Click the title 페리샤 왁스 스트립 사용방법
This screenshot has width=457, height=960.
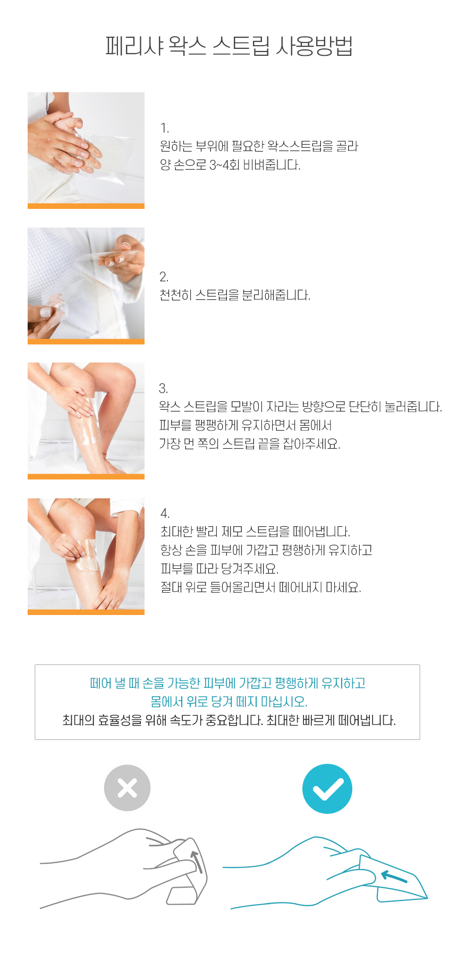click(x=229, y=46)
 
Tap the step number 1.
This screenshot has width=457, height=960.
click(x=165, y=128)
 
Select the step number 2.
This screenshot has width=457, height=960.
click(x=164, y=277)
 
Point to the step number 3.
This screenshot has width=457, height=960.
click(x=164, y=389)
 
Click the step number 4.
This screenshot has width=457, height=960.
click(x=165, y=513)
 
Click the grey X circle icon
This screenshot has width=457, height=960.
click(x=128, y=788)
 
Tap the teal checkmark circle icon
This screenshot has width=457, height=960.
click(x=327, y=789)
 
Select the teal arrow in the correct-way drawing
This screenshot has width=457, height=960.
click(x=394, y=877)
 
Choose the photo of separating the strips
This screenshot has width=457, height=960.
click(x=86, y=283)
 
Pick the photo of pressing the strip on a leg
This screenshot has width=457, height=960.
click(x=86, y=418)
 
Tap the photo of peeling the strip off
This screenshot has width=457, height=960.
click(x=86, y=554)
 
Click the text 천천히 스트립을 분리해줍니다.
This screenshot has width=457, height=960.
click(x=235, y=296)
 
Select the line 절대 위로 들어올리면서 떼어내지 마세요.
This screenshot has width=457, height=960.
click(x=261, y=588)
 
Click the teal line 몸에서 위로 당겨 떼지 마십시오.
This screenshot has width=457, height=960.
click(x=229, y=702)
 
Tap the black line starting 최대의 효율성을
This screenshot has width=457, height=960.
click(x=229, y=721)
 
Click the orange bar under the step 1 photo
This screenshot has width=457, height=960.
click(x=86, y=206)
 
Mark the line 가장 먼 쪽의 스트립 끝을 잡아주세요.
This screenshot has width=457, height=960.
click(x=250, y=444)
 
